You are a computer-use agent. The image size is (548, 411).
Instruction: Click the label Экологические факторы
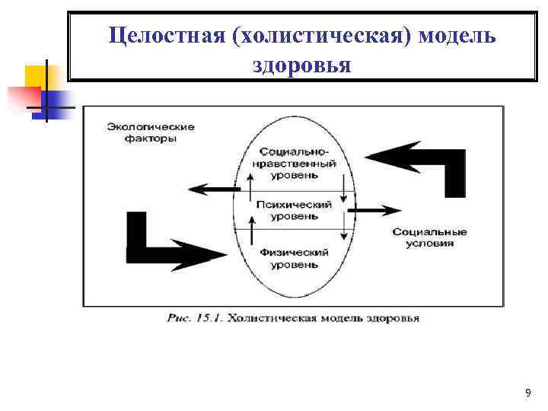(x=151, y=132)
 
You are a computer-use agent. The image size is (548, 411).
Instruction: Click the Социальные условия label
(x=430, y=237)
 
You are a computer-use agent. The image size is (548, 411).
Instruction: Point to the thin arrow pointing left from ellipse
(x=209, y=190)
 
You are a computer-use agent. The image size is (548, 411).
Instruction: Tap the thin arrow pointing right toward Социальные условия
(x=378, y=209)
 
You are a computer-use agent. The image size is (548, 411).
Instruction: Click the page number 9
(x=528, y=393)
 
